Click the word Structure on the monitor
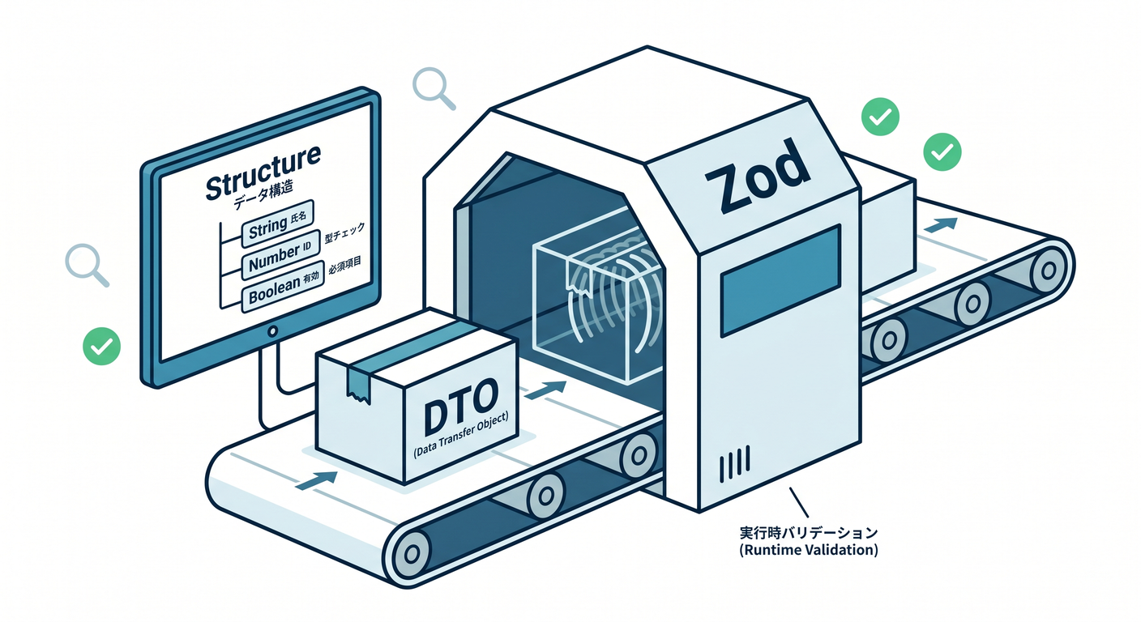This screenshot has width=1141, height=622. [x=263, y=172]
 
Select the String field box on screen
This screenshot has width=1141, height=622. [x=278, y=225]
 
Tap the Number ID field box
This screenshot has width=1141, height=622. [x=280, y=256]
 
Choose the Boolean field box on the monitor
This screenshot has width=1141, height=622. [x=283, y=288]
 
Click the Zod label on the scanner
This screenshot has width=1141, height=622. [x=758, y=176]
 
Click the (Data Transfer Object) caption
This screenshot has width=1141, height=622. [x=461, y=435]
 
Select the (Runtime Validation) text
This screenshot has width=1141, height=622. [x=809, y=550]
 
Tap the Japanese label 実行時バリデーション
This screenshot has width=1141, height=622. [x=809, y=533]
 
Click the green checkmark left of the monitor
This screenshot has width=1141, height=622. [x=102, y=346]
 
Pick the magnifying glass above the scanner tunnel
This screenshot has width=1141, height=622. [x=434, y=88]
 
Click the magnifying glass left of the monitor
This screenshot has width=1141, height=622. [x=87, y=265]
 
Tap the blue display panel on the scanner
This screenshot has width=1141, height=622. [x=780, y=280]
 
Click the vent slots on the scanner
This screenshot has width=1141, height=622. [x=734, y=464]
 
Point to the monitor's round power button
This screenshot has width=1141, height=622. [x=273, y=331]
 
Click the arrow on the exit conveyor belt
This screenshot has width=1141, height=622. [x=940, y=224]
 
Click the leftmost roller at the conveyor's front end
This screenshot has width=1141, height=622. [x=411, y=553]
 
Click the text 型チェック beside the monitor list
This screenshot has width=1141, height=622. [x=345, y=232]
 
